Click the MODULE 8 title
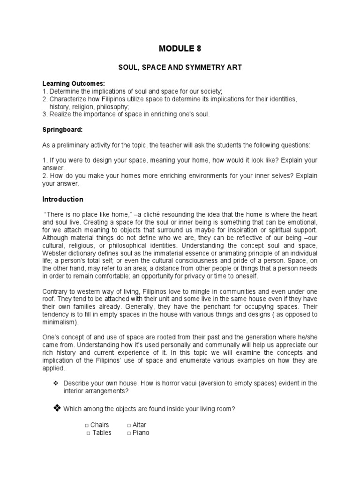click(180, 48)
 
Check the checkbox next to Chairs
click(87, 425)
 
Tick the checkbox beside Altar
click(129, 425)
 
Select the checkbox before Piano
click(129, 433)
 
